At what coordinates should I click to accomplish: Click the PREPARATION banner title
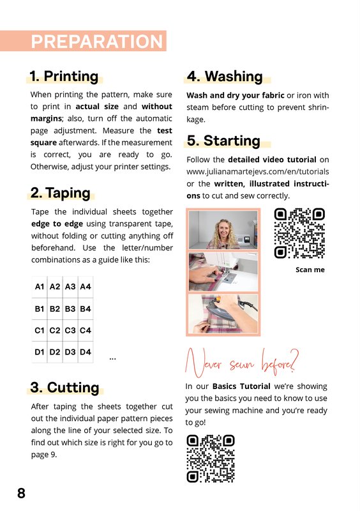point(97,42)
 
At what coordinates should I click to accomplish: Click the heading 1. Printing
point(64,76)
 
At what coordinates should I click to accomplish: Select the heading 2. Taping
point(60,193)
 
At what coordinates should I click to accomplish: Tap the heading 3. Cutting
point(64,387)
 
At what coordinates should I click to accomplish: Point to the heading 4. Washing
point(225,76)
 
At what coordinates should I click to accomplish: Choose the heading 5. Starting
point(223,141)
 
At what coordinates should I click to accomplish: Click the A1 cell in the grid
point(40,287)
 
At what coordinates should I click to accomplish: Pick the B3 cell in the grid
point(70,309)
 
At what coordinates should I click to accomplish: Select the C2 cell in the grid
point(55,330)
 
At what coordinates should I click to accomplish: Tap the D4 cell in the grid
point(86,352)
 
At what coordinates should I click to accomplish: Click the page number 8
point(21,493)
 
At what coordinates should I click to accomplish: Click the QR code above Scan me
point(299,233)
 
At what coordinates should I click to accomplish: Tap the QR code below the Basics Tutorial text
point(211,459)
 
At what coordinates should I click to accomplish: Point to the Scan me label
point(310,270)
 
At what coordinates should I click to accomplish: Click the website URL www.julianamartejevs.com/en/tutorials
point(258,171)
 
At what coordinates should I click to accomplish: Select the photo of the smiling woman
point(223,230)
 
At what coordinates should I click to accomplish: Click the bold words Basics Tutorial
point(241,386)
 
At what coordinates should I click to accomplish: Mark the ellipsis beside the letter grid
point(113,359)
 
